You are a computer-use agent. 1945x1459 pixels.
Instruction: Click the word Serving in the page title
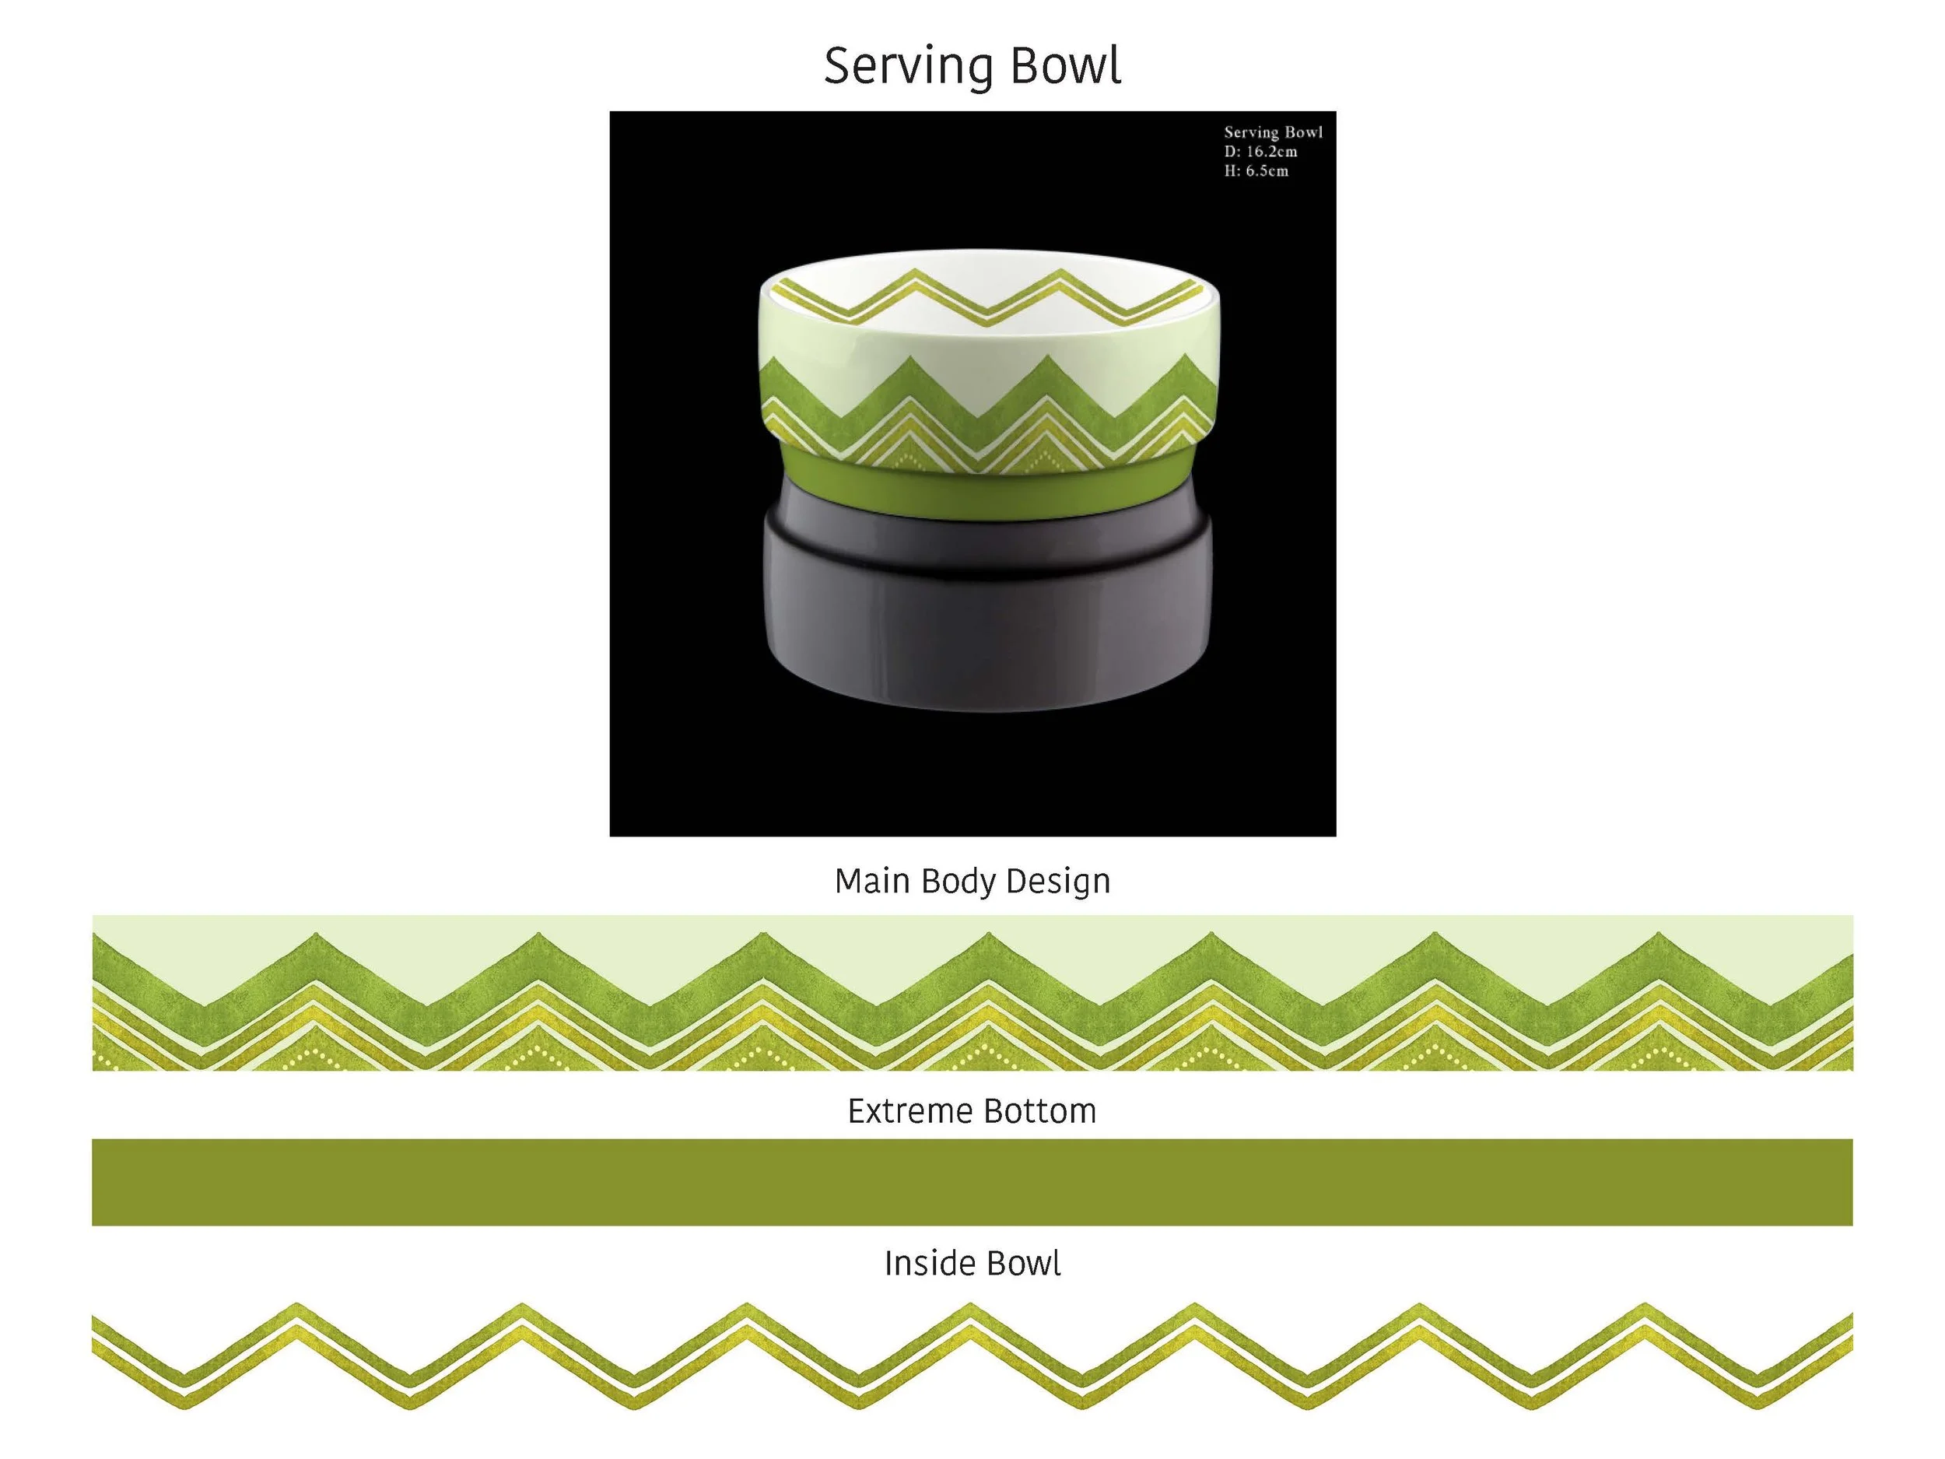point(907,67)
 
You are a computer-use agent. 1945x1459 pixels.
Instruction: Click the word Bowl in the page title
point(1066,67)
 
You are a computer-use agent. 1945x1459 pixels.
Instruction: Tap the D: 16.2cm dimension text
point(1260,151)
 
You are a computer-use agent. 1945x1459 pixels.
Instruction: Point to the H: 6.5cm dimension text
point(1256,170)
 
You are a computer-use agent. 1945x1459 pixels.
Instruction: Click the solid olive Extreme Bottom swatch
point(972,1182)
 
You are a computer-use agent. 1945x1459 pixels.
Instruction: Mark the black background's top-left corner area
point(650,149)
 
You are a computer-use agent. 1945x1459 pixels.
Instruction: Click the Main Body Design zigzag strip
point(972,994)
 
